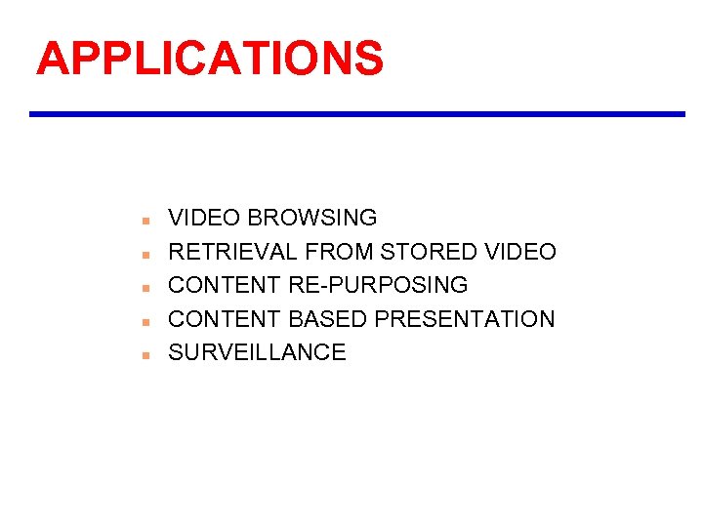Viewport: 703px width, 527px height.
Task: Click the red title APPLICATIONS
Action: [x=210, y=58]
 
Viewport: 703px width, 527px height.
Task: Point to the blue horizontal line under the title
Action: [x=357, y=114]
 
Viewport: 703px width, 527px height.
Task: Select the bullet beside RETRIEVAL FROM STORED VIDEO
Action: [x=143, y=254]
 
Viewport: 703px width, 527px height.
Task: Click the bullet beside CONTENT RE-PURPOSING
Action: [x=143, y=288]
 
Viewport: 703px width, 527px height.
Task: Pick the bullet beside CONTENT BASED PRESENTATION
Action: [x=143, y=321]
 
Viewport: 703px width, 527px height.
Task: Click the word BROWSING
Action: [x=312, y=218]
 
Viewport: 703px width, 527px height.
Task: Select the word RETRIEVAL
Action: [x=232, y=252]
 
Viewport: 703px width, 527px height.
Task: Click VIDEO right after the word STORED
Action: [x=520, y=252]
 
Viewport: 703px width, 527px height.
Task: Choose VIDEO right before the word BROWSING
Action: [x=204, y=218]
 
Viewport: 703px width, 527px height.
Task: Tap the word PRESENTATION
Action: [x=465, y=319]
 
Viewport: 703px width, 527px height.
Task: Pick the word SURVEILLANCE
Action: [x=257, y=352]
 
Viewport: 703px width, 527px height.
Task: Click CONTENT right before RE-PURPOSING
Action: [x=226, y=285]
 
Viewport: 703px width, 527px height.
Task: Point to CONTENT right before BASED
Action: [x=226, y=319]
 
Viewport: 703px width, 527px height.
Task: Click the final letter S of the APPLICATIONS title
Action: [x=368, y=58]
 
